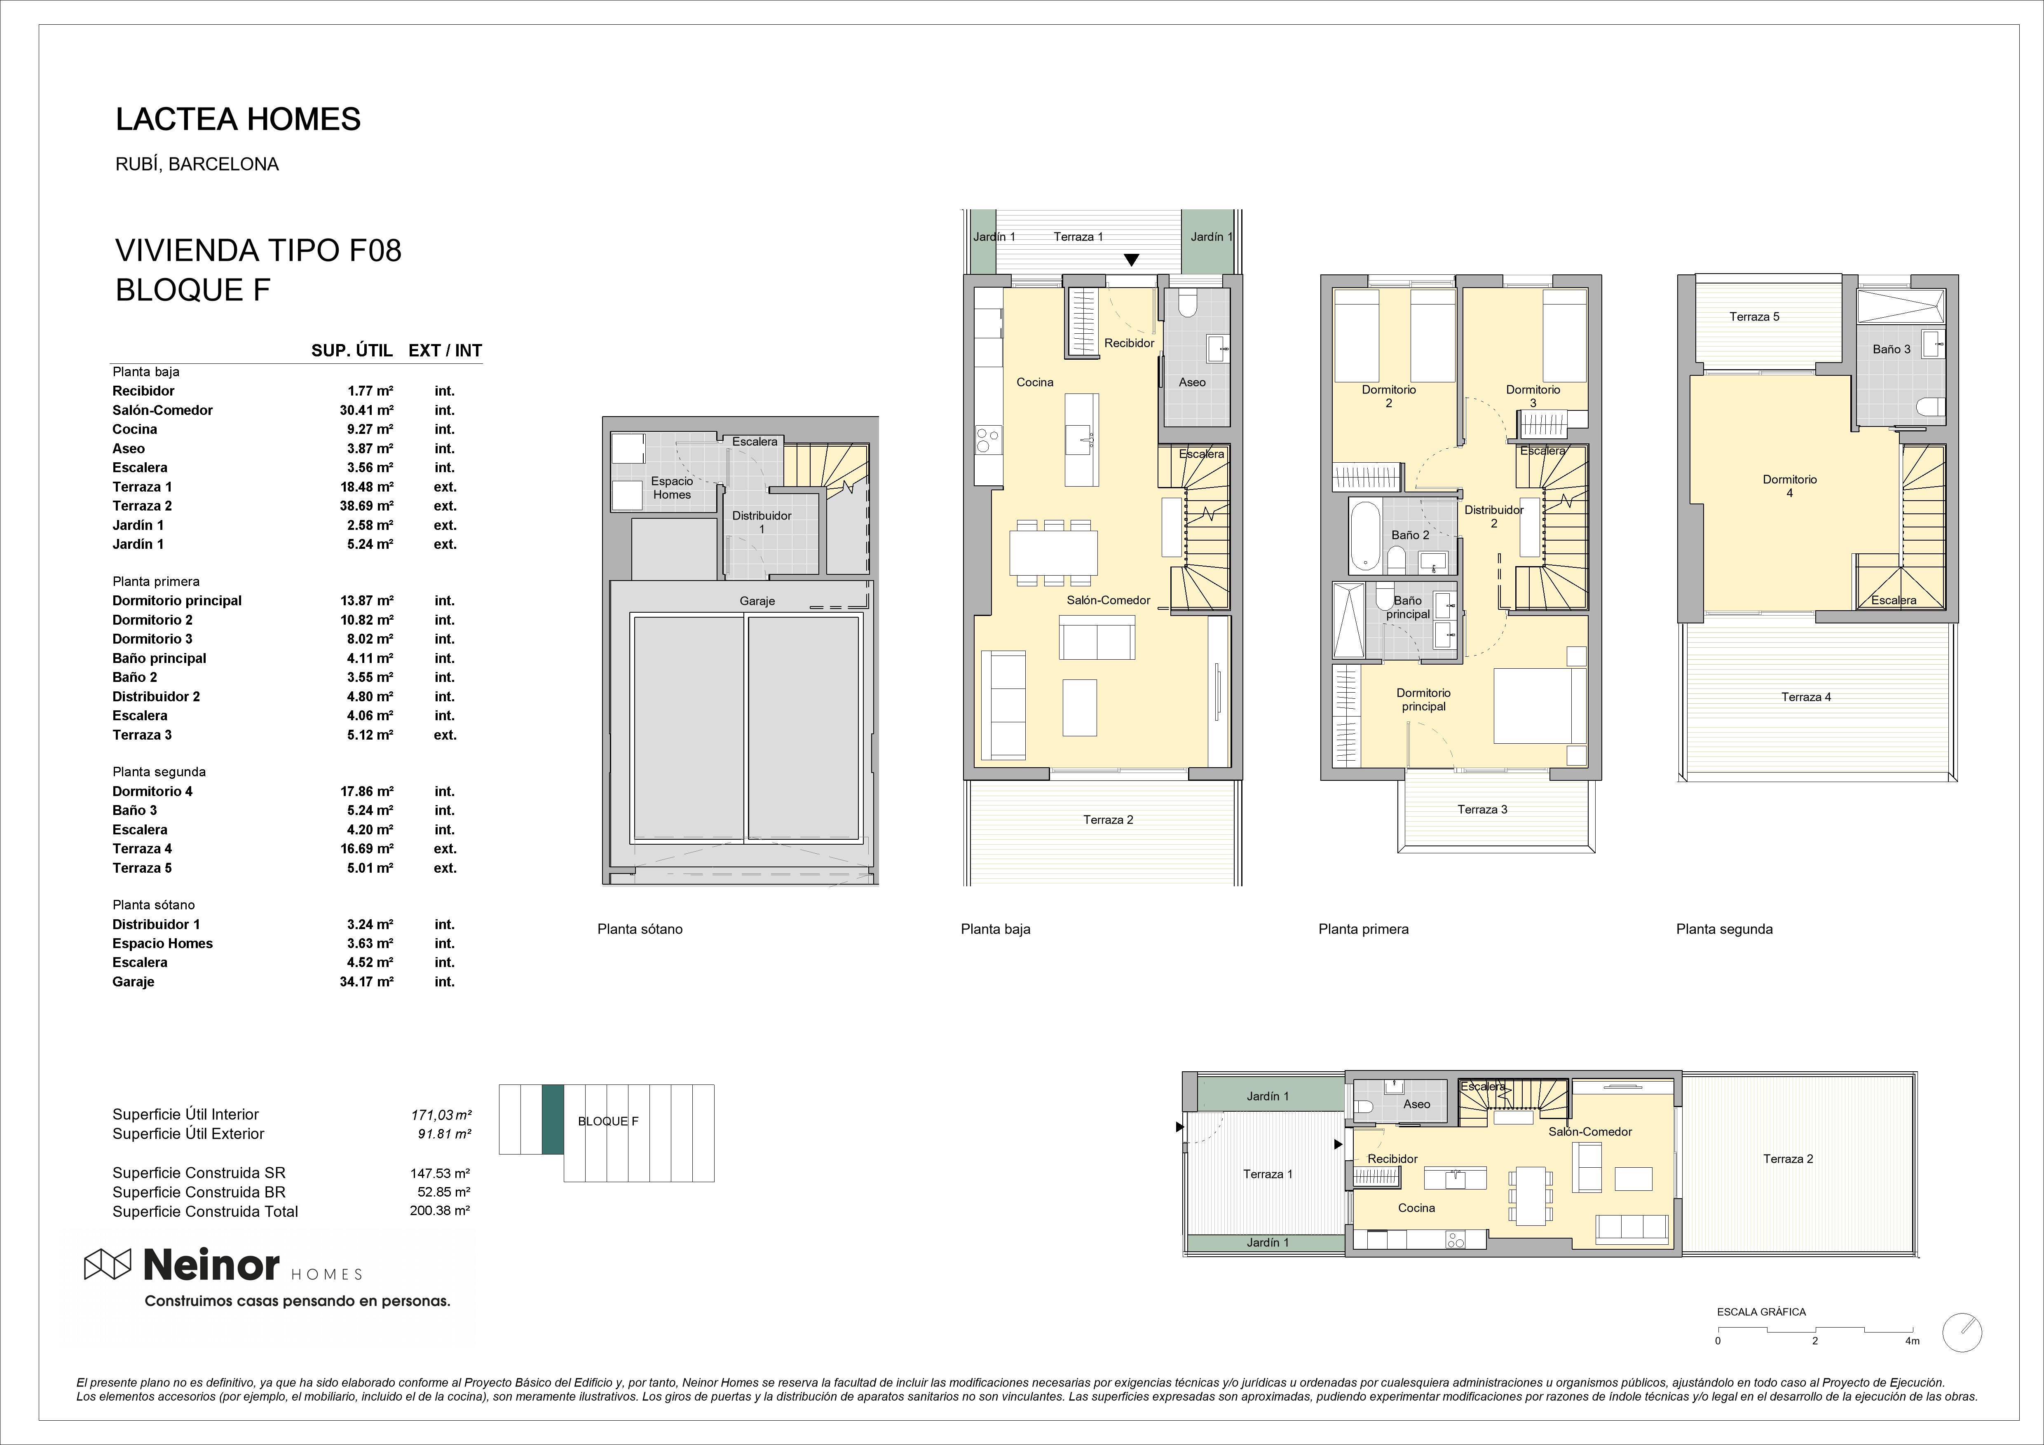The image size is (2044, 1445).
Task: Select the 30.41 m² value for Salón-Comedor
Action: pyautogui.click(x=367, y=410)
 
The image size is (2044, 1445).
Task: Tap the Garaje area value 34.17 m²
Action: pyautogui.click(x=367, y=982)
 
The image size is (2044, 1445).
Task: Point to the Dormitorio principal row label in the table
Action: pyautogui.click(x=177, y=601)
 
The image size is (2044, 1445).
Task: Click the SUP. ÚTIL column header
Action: pyautogui.click(x=352, y=351)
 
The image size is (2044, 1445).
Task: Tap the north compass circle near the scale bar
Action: pyautogui.click(x=1962, y=1357)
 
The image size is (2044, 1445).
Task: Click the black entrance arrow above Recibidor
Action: pyautogui.click(x=1131, y=260)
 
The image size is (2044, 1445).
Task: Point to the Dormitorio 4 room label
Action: pyautogui.click(x=1789, y=486)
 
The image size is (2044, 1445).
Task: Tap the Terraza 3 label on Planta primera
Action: pyautogui.click(x=1482, y=809)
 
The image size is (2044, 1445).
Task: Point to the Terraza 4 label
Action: pyautogui.click(x=1805, y=697)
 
